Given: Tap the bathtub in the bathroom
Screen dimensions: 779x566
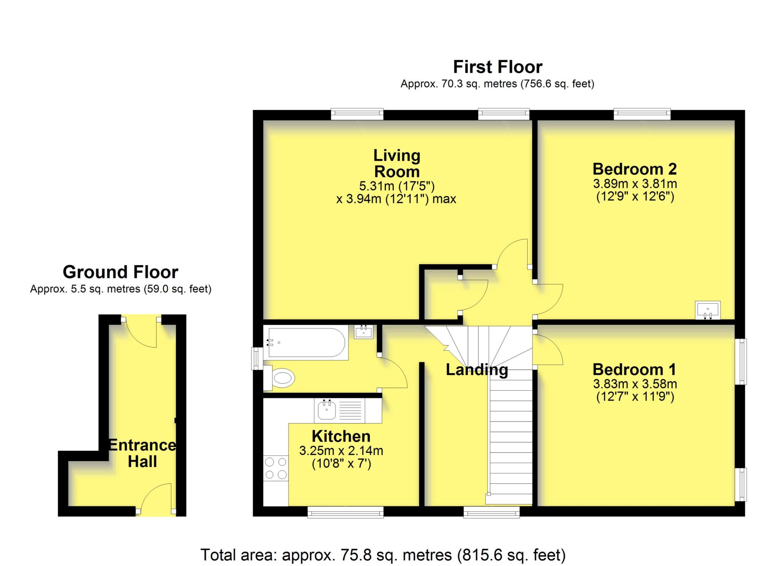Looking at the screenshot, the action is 306,342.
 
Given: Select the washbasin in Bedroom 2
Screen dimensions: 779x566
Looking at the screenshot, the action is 707,310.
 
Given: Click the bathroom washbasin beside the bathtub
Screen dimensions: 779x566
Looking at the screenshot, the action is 364,331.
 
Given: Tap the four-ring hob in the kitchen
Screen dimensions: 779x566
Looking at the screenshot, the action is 276,468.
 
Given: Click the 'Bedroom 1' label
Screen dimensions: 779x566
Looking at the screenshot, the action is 634,369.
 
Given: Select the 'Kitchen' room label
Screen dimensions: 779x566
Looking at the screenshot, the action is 341,436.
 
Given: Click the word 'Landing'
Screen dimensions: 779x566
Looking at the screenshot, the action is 477,370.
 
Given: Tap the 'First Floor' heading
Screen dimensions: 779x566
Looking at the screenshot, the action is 498,67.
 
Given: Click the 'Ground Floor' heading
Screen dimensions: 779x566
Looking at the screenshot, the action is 121,272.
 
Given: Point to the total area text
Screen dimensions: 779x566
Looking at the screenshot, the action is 383,555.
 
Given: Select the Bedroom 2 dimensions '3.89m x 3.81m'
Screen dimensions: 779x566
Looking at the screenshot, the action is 635,184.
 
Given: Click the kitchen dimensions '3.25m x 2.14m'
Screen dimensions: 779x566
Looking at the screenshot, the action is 341,451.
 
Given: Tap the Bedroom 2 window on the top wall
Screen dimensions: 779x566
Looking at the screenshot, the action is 642,114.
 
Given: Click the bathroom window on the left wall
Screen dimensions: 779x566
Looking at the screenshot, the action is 257,358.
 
